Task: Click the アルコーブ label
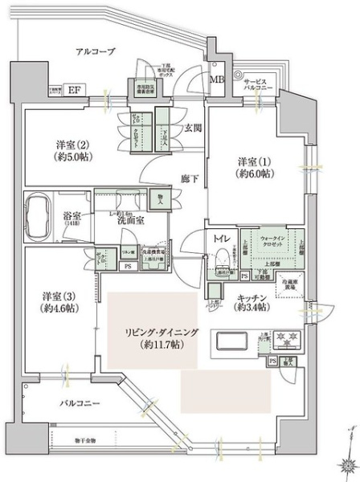(96, 51)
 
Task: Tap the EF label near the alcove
(72, 90)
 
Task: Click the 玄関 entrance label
(192, 128)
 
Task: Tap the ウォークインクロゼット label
(278, 243)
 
